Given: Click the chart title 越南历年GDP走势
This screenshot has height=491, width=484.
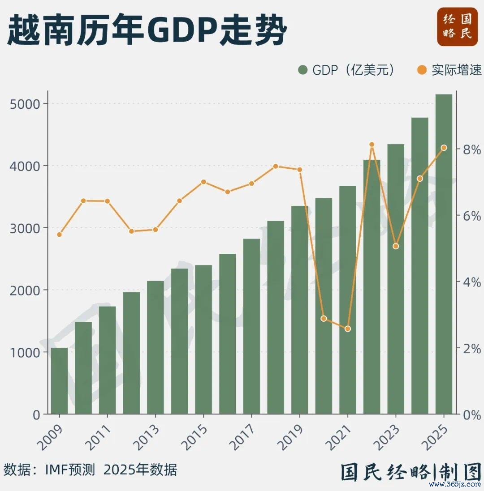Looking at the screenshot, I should pyautogui.click(x=147, y=30).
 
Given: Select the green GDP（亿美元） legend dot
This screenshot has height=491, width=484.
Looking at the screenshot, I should pyautogui.click(x=303, y=70).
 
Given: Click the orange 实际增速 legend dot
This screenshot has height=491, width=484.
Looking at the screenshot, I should pyautogui.click(x=422, y=70).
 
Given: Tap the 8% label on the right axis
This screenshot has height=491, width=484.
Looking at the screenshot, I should pyautogui.click(x=472, y=149).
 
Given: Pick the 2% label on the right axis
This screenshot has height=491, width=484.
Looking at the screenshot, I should pyautogui.click(x=472, y=349).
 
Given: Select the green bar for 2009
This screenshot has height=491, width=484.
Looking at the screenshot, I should pyautogui.click(x=59, y=380).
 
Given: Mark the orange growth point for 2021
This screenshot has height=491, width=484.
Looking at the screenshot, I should pyautogui.click(x=347, y=329).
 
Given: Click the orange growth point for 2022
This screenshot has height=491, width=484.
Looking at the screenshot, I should pyautogui.click(x=372, y=145).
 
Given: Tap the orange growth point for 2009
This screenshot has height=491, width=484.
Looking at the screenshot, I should pyautogui.click(x=59, y=235).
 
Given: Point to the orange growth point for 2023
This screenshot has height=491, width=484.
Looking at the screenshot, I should pyautogui.click(x=396, y=246).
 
